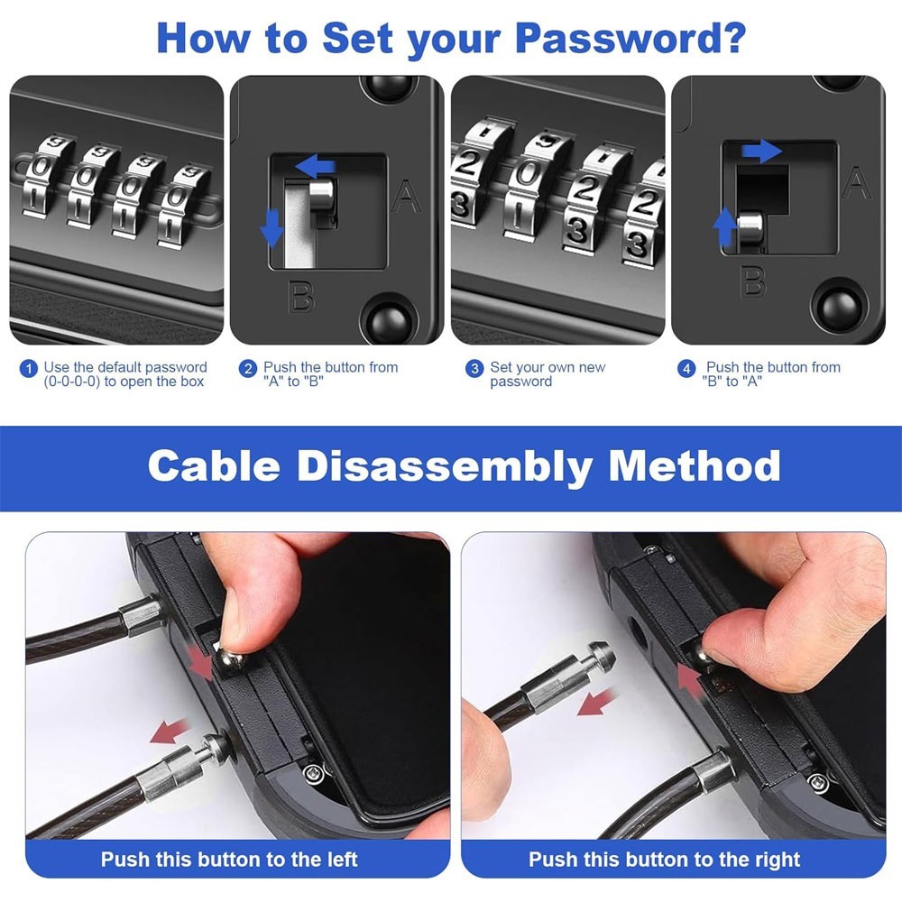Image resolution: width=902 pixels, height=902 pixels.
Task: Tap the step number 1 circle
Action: pyautogui.click(x=29, y=368)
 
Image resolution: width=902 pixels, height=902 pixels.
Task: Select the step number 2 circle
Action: pyautogui.click(x=247, y=368)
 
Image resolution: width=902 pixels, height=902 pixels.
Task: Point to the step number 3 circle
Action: pyautogui.click(x=474, y=368)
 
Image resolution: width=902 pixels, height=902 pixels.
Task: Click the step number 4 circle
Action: pyautogui.click(x=687, y=368)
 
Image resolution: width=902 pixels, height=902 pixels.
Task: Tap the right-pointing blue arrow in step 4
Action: pyautogui.click(x=763, y=151)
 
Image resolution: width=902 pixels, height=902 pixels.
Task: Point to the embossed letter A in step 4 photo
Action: pyautogui.click(x=856, y=183)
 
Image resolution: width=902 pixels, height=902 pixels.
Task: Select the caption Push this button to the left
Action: pyautogui.click(x=229, y=859)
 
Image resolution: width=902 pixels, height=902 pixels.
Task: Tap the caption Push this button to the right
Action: pyautogui.click(x=664, y=859)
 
